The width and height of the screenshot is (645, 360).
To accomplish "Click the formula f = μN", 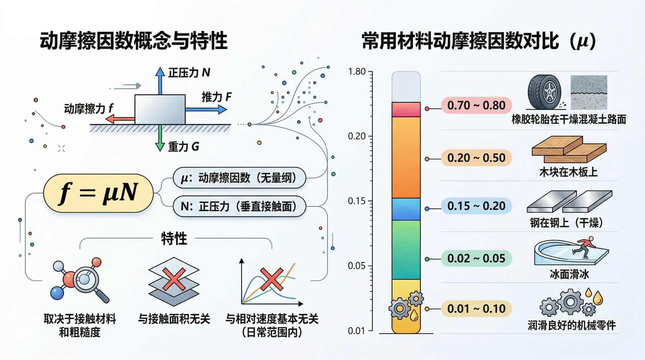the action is [98, 193].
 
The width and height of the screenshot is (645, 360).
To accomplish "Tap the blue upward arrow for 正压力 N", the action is [160, 81].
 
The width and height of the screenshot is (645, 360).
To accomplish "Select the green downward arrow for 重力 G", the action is [160, 138].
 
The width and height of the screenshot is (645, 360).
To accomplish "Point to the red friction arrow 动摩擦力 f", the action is [120, 119].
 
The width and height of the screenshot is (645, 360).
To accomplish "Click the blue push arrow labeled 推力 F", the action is [206, 109].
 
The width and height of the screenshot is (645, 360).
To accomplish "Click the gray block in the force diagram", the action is [160, 109].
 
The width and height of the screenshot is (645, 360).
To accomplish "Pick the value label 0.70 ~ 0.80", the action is [476, 105].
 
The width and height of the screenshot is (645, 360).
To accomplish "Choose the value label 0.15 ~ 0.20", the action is [476, 206].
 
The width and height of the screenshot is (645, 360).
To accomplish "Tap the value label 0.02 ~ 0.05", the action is [476, 259].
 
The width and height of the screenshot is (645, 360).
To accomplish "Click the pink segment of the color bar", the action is [406, 109].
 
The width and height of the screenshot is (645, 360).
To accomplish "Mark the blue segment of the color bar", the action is [406, 209].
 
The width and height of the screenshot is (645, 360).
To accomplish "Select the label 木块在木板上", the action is [568, 172].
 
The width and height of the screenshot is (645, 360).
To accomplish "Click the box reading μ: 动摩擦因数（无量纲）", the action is [239, 178].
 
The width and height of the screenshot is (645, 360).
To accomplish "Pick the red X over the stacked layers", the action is [174, 279].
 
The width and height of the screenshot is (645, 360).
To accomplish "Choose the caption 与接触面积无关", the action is [174, 319].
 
